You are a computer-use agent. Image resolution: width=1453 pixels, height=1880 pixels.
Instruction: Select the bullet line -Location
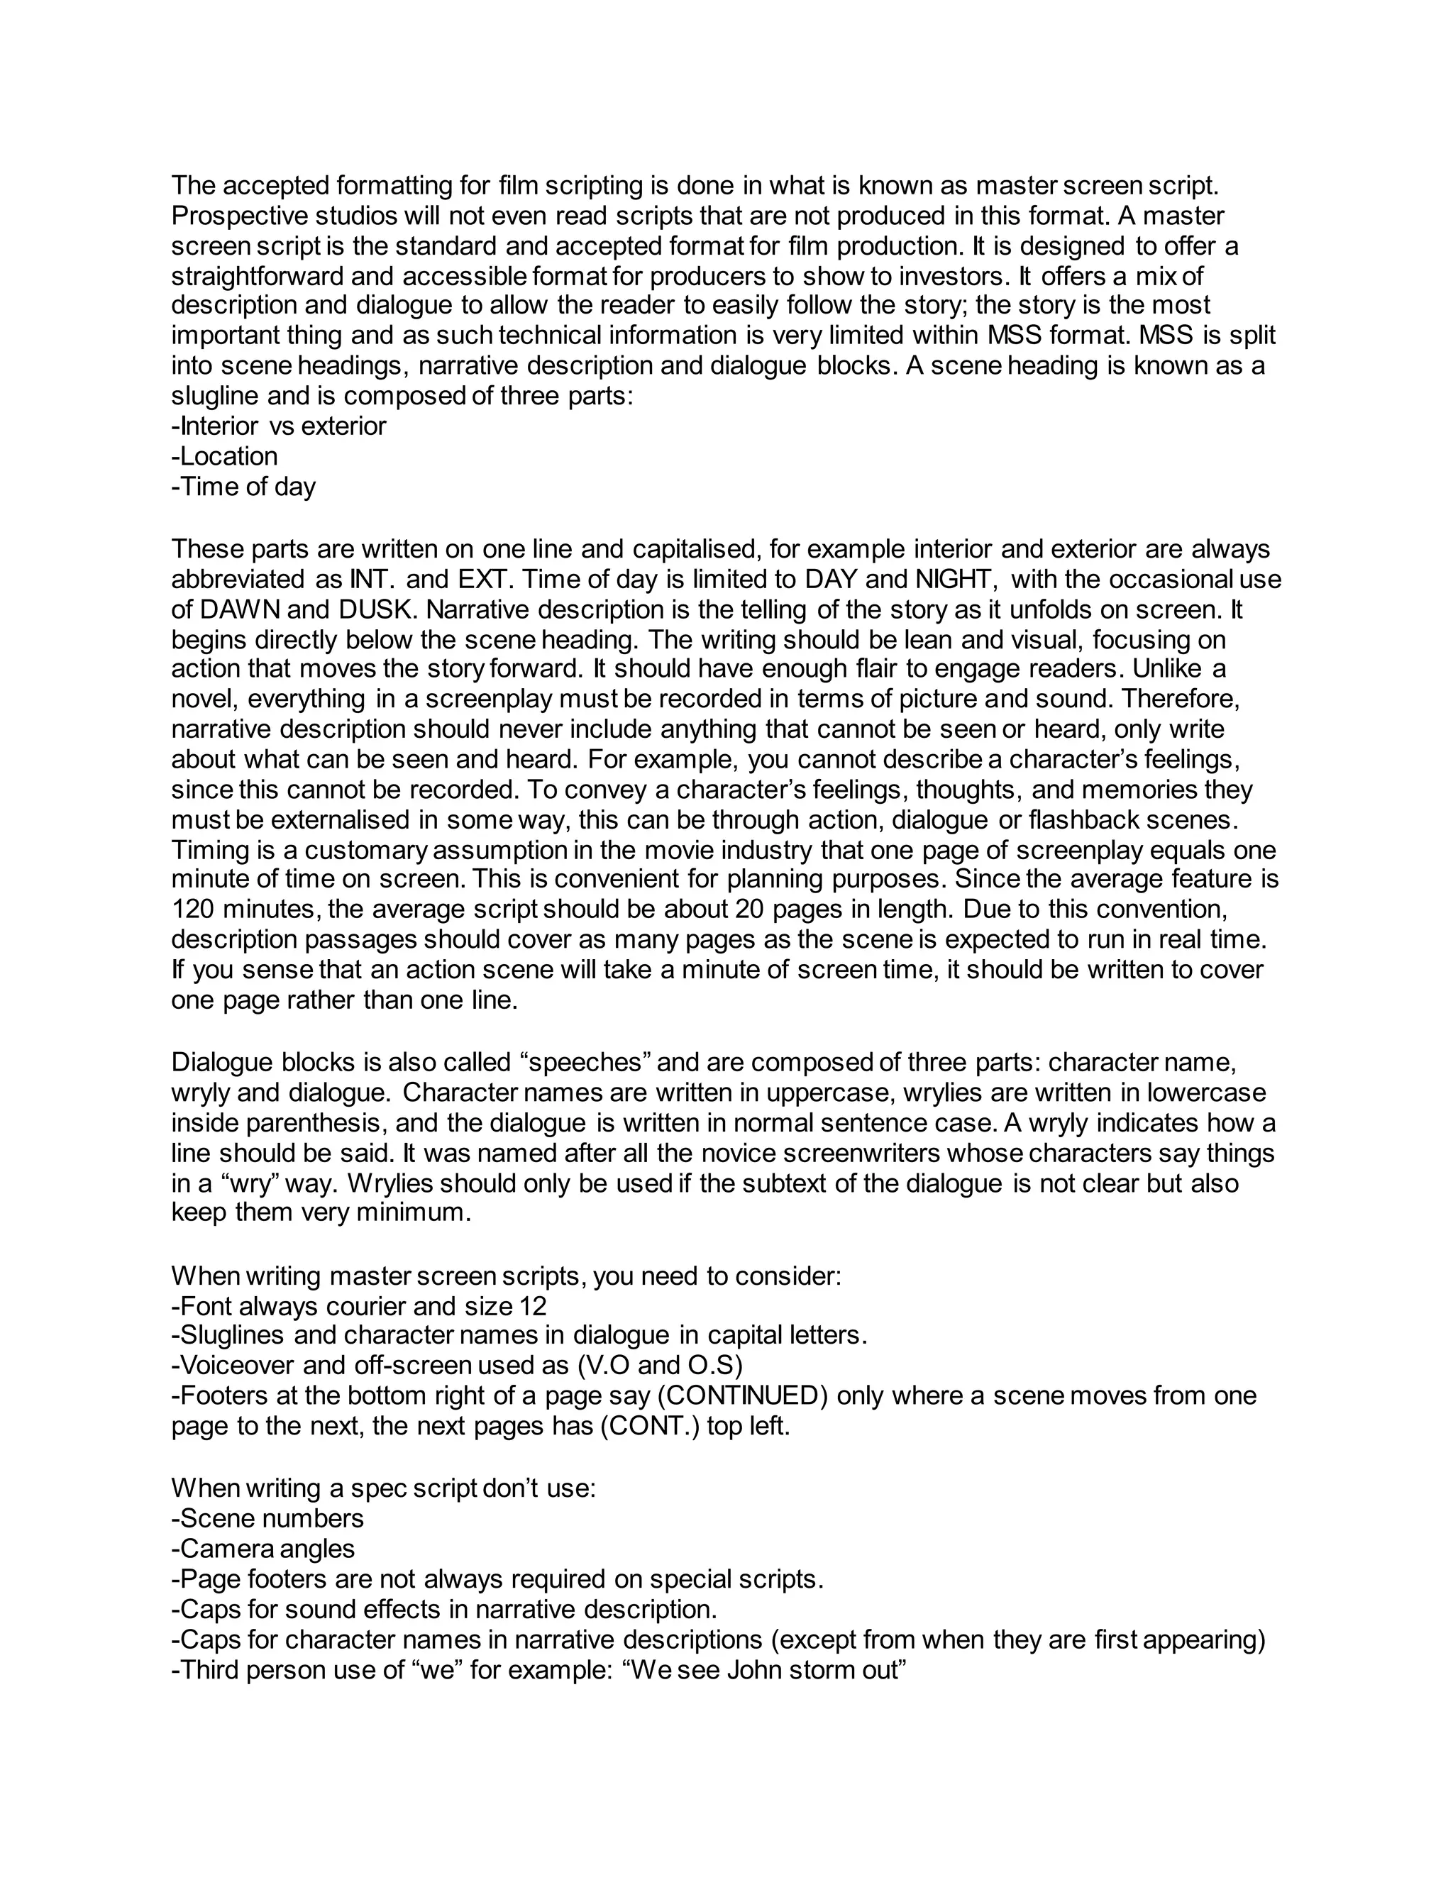coord(225,456)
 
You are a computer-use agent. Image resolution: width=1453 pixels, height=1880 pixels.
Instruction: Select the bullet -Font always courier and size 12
coord(359,1307)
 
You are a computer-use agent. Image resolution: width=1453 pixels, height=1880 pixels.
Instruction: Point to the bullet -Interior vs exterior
coord(279,426)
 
